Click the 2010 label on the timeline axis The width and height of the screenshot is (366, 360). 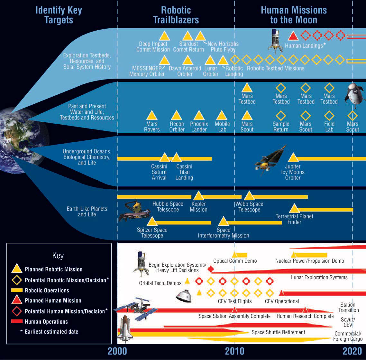point(234,351)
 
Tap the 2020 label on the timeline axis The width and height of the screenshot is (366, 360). point(352,351)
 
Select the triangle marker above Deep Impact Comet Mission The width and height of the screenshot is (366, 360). point(164,36)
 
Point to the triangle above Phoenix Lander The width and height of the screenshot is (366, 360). point(199,116)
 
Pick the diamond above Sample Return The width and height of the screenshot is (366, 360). point(281,116)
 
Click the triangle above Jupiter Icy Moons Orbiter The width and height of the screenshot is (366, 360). point(293,158)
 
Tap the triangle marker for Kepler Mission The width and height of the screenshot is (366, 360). point(198,196)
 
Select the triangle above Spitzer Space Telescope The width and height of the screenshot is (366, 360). point(152,222)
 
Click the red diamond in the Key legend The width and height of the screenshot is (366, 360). point(17,311)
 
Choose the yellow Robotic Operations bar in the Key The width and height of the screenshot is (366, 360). point(17,290)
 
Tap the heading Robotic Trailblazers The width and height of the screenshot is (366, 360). point(176,15)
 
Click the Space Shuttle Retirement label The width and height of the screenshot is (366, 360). point(278,332)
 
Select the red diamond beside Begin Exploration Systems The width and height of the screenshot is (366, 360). point(211,269)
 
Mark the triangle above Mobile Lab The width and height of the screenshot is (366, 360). point(221,116)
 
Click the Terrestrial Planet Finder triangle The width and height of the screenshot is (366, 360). point(294,209)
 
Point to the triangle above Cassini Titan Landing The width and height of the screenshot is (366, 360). point(176,158)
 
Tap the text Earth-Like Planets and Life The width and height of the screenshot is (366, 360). point(87,212)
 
